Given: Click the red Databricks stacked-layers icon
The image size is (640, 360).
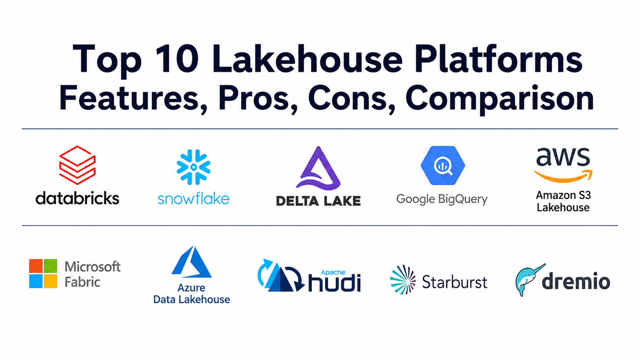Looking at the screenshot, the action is [77, 165].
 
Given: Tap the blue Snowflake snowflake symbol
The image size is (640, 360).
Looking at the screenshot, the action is [193, 167].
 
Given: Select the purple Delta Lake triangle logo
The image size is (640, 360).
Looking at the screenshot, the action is [318, 168].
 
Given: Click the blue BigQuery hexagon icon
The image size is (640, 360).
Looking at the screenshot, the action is [442, 165].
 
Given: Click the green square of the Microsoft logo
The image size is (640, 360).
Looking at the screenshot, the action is [51, 266].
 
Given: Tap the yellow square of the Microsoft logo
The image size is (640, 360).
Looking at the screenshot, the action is [51, 281].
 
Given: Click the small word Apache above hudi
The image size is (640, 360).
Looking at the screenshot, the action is [333, 273].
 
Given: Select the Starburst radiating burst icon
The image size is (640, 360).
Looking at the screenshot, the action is [403, 280].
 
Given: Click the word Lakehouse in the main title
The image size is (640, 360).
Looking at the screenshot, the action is [308, 59].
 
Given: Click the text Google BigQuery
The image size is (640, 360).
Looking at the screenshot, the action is [442, 199].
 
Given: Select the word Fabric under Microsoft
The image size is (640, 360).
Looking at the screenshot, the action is [82, 282].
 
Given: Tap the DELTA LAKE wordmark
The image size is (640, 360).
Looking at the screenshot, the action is [318, 201].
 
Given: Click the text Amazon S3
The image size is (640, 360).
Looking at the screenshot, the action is [563, 195].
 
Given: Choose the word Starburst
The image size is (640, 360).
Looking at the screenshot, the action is [455, 282].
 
